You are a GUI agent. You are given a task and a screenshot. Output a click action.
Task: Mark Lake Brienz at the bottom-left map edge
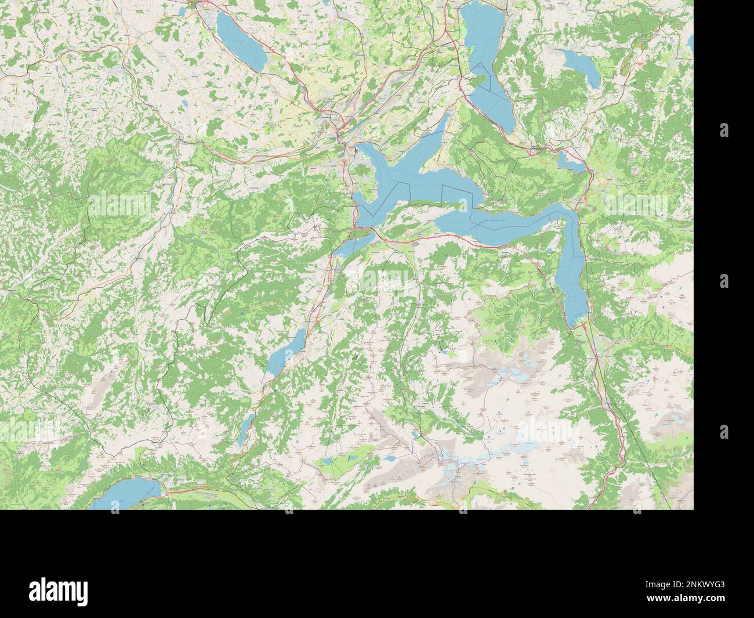pos(128,493)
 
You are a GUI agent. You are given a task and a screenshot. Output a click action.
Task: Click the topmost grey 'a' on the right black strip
pos(724,130)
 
